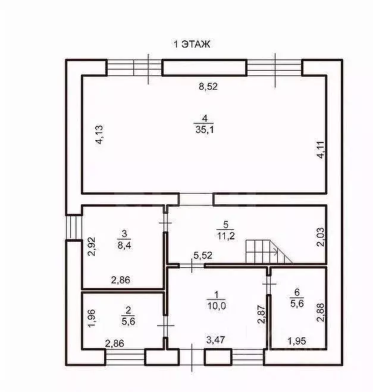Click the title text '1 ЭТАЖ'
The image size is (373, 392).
click(192, 44)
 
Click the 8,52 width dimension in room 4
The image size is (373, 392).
click(208, 86)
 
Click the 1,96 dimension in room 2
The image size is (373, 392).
click(91, 320)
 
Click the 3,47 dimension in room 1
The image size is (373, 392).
click(215, 340)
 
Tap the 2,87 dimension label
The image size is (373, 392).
click(260, 314)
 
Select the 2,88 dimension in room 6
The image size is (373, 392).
click(320, 313)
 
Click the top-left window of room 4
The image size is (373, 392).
click(134, 67)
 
